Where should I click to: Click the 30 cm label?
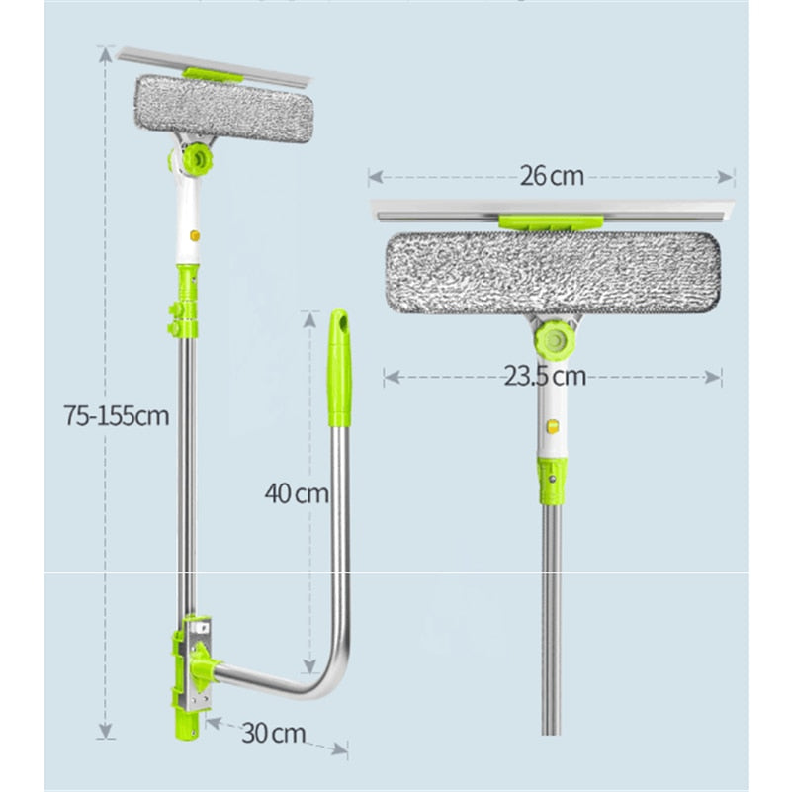[x=273, y=733]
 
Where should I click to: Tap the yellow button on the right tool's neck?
[x=552, y=430]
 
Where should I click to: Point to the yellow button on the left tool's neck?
[x=195, y=237]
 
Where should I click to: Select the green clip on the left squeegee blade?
[x=216, y=75]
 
